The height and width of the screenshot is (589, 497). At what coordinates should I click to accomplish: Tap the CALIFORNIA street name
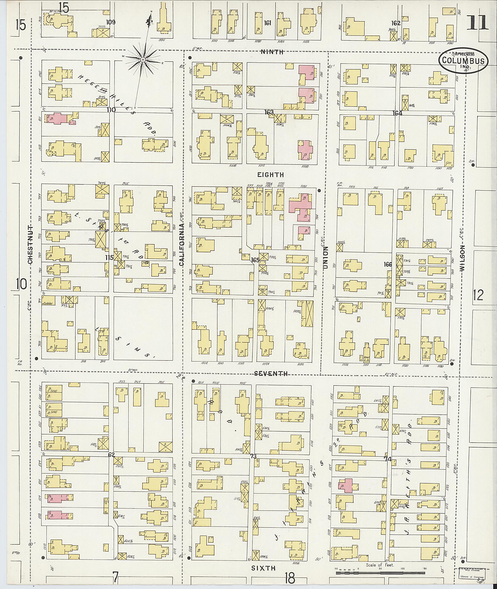[x=182, y=244]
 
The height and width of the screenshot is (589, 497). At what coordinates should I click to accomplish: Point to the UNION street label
[x=326, y=257]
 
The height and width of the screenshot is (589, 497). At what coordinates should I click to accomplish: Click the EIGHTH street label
[x=271, y=175]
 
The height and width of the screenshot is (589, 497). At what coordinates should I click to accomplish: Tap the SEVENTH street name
[x=271, y=373]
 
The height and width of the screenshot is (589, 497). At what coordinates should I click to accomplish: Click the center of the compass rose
[x=143, y=60]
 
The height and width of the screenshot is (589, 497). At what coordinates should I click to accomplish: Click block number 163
[x=269, y=112]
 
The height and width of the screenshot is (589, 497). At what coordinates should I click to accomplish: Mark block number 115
[x=109, y=257]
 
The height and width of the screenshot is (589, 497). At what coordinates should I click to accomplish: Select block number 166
[x=388, y=264]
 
